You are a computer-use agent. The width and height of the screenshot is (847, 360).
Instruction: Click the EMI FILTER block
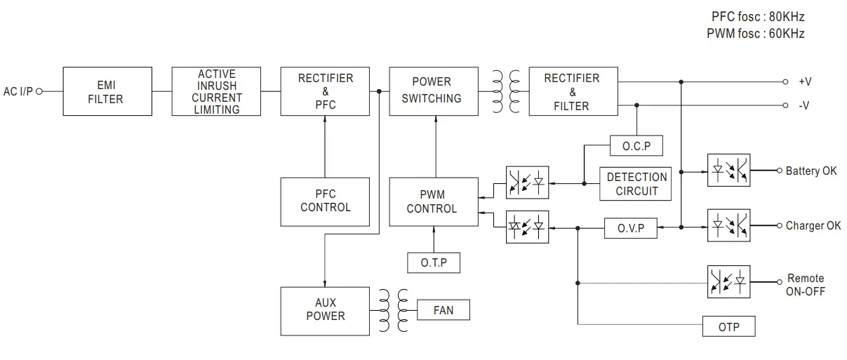[x=107, y=91]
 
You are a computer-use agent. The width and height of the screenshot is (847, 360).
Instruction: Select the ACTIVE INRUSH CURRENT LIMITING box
[x=216, y=91]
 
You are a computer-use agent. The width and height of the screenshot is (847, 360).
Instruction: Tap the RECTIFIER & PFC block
[x=325, y=91]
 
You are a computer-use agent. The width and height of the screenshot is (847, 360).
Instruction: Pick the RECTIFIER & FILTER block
[x=572, y=91]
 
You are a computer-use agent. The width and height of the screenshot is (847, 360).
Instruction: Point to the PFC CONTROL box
[x=325, y=201]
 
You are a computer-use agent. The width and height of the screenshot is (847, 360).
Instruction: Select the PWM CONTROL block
[x=434, y=201]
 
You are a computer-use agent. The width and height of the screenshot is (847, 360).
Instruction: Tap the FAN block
[x=443, y=309]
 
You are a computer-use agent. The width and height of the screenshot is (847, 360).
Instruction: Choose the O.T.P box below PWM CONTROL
[x=434, y=262]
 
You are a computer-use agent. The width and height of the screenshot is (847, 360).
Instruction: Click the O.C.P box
[x=636, y=146]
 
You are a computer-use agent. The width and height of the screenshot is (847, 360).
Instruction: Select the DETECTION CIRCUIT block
[x=636, y=184]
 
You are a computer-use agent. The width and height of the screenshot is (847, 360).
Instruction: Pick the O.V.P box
[x=630, y=227]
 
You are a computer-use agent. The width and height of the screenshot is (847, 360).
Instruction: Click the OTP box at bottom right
[x=728, y=326]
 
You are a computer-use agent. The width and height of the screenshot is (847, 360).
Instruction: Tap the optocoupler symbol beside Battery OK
[x=728, y=171]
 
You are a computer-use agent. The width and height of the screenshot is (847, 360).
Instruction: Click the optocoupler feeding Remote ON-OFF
[x=728, y=282]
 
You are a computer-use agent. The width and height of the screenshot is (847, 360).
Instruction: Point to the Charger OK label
[x=813, y=226]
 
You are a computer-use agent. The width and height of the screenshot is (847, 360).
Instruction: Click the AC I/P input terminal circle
[x=39, y=91]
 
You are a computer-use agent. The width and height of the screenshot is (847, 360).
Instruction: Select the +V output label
[x=805, y=81]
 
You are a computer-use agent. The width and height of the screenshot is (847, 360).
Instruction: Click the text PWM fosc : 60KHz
[x=756, y=33]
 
